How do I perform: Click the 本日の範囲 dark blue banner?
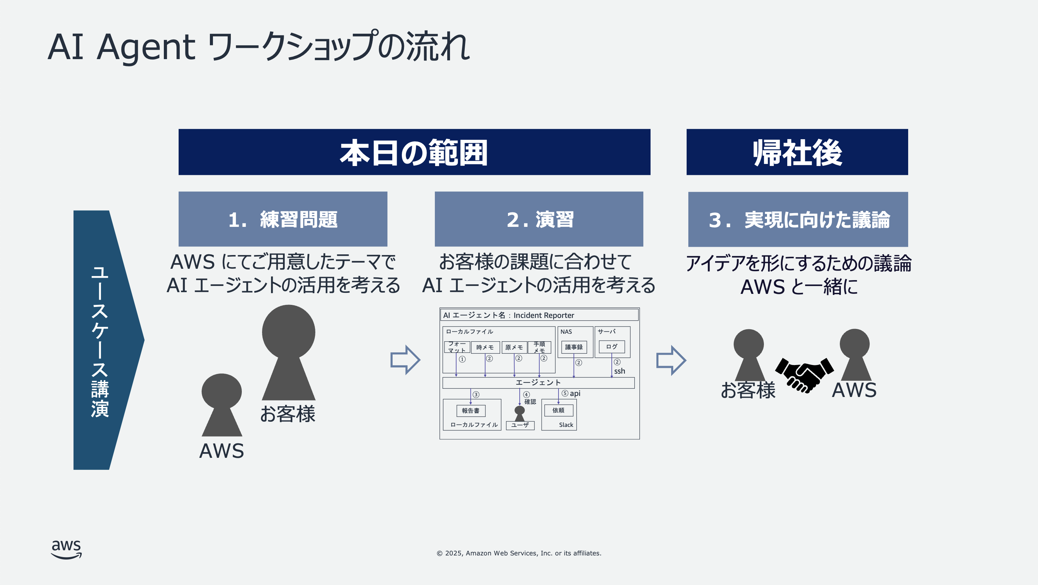tap(414, 152)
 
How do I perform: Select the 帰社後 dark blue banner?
tap(797, 152)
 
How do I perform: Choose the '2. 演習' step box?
tap(539, 219)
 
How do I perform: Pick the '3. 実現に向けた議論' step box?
tap(798, 219)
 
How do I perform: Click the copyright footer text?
tap(519, 553)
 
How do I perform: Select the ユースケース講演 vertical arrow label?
tap(100, 341)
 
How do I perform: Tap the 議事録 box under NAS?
tap(574, 347)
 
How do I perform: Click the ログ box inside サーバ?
tap(611, 347)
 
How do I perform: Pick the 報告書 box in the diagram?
tap(471, 410)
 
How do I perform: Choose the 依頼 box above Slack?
tap(559, 410)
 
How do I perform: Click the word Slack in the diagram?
tap(566, 425)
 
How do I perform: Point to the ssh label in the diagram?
tap(619, 371)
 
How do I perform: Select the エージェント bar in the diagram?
tap(538, 383)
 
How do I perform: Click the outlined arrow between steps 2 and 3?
tap(670, 360)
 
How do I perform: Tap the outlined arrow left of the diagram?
tap(405, 360)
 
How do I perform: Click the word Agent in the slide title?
tap(146, 47)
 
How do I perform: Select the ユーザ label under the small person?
tap(520, 425)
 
